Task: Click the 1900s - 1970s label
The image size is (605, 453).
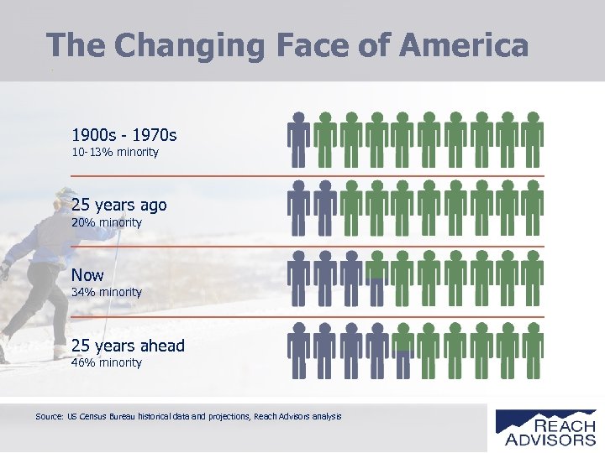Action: [x=124, y=134]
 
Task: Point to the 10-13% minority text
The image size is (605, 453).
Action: [x=114, y=153]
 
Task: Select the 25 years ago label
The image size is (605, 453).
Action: [x=118, y=205]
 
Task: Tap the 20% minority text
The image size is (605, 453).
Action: [x=106, y=223]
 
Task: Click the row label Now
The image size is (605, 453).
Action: [x=87, y=275]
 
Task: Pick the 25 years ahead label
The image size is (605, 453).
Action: [x=128, y=346]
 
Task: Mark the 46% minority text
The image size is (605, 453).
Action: [x=106, y=363]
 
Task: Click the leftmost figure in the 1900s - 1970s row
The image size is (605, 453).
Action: [x=298, y=140]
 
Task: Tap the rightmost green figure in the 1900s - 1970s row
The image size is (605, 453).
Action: [x=532, y=140]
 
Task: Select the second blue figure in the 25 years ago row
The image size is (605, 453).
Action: [x=324, y=210]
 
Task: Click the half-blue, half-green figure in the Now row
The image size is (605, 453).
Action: [x=376, y=280]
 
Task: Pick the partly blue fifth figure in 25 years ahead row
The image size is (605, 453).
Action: [x=402, y=351]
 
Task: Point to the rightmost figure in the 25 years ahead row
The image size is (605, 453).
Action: [x=532, y=351]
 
